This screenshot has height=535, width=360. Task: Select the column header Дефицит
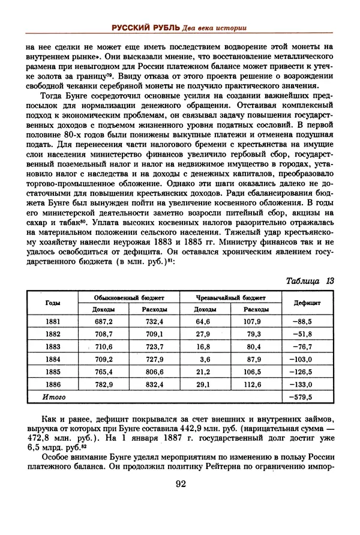pyautogui.click(x=306, y=303)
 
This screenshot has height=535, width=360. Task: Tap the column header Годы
pyautogui.click(x=52, y=303)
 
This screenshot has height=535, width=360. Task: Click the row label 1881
pyautogui.click(x=53, y=322)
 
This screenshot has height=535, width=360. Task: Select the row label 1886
pyautogui.click(x=53, y=384)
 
